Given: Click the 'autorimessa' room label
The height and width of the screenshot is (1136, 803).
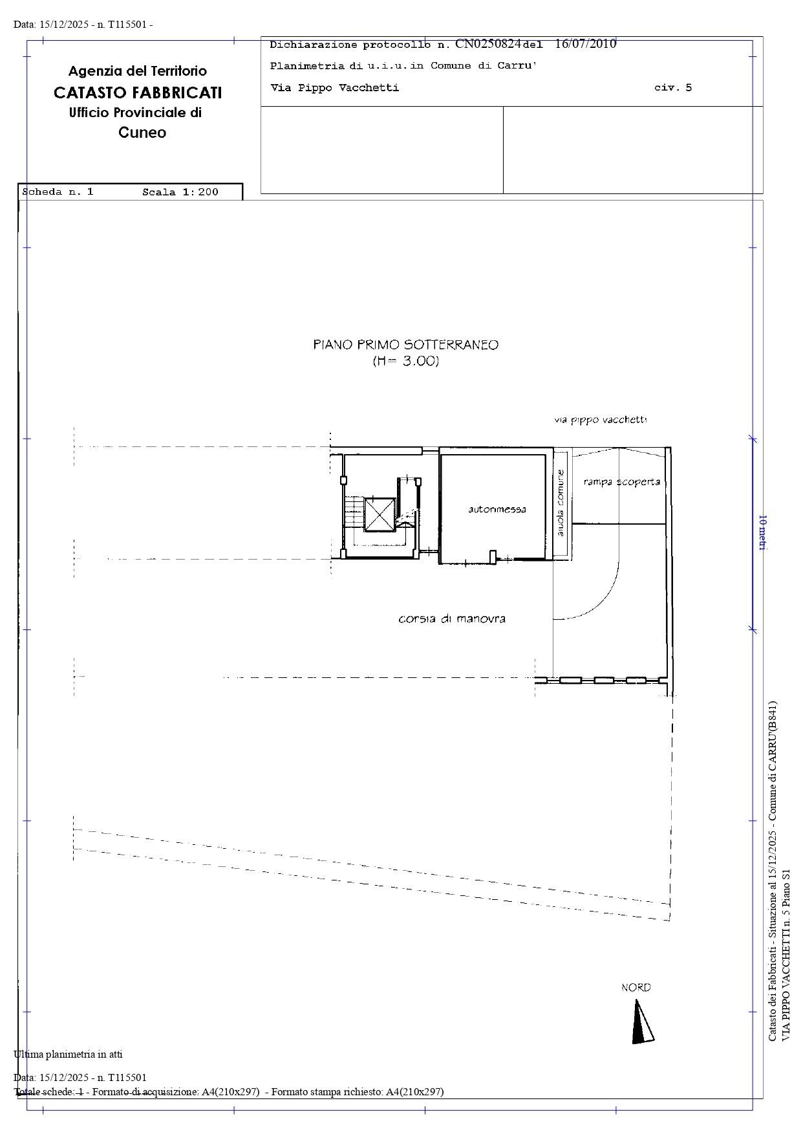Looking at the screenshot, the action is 497,509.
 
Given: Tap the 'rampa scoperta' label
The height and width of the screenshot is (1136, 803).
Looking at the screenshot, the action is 621,481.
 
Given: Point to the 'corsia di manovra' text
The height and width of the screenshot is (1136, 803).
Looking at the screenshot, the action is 452,618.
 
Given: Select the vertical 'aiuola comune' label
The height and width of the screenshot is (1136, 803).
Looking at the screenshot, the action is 561,503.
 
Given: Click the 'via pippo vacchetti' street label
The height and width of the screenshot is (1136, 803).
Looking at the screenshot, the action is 600,420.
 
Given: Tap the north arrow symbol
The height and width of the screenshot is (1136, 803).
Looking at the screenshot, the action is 641,1021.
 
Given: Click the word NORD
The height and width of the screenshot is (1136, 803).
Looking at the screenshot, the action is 636,987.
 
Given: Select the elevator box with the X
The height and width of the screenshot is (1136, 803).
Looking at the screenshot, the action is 380,515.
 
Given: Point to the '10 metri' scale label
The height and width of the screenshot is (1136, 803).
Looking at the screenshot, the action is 762,532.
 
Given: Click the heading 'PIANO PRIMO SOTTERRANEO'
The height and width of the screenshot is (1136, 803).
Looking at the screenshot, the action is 406,345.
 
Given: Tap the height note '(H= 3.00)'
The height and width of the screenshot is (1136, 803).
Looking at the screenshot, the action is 406,361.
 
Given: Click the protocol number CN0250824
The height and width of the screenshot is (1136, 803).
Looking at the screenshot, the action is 488,44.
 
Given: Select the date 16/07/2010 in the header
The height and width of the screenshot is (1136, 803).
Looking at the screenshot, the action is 585,44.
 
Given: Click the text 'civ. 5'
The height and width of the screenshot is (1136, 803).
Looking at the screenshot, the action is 673,87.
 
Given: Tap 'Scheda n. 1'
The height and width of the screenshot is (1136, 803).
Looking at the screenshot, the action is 58,192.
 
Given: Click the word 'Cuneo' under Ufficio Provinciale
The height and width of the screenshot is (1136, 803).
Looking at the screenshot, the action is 142,133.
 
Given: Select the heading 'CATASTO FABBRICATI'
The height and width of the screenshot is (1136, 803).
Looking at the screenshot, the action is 138,93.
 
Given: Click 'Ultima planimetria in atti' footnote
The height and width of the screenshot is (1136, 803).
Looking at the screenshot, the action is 68,1054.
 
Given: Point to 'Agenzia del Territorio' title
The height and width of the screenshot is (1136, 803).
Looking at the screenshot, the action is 138,71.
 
